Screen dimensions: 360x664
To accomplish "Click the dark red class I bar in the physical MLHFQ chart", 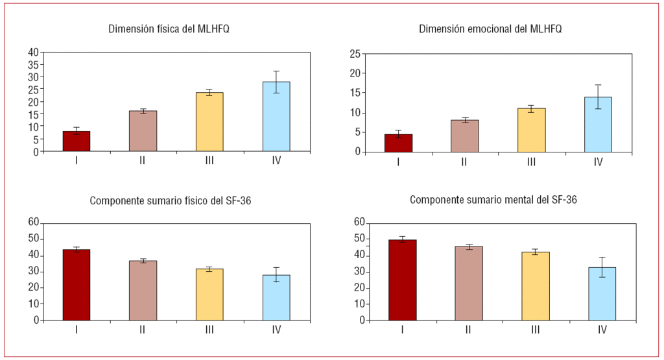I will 77,141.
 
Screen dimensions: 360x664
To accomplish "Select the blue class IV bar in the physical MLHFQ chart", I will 276,117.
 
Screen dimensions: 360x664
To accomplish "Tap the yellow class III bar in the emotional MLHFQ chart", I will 531,130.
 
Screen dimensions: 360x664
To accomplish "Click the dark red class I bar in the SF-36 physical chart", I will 77,285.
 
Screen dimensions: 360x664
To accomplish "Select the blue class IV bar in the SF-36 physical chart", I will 276,298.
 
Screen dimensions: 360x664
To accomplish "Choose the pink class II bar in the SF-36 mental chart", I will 469,283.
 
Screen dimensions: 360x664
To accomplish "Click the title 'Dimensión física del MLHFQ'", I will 169,29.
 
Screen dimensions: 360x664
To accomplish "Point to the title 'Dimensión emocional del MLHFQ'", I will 490,29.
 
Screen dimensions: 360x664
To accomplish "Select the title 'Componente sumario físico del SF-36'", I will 171,200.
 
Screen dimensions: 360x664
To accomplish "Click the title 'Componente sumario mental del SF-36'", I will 493,200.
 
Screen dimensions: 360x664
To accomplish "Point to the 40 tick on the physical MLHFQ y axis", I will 33,52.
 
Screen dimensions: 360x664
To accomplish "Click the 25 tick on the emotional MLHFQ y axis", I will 355,54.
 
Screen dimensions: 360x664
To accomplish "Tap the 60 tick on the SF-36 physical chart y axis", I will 33,222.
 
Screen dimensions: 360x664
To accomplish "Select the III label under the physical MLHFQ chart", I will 209,161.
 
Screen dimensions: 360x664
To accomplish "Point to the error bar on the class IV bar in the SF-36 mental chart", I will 602,267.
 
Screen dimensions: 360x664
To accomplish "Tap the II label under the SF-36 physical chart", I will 143,330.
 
